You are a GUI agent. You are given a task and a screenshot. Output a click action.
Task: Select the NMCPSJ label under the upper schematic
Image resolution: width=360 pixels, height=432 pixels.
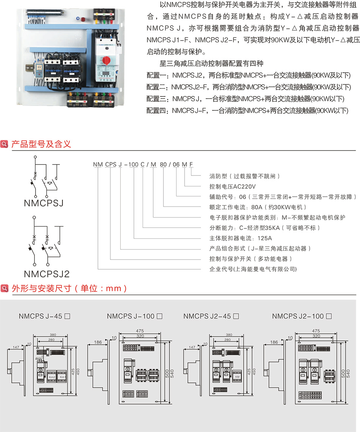click(x=43, y=204)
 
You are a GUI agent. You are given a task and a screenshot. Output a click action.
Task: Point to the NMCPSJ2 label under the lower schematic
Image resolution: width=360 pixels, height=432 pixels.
click(x=47, y=273)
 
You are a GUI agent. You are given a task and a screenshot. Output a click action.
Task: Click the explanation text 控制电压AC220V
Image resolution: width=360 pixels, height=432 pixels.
click(x=233, y=186)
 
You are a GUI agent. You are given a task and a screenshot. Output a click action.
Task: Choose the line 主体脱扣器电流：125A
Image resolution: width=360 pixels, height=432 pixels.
click(x=241, y=238)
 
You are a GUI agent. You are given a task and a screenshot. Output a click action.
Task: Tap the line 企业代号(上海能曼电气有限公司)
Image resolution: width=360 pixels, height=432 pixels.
click(x=253, y=269)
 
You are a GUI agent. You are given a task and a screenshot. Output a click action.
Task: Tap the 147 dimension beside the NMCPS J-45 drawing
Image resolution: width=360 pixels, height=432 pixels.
click(x=16, y=347)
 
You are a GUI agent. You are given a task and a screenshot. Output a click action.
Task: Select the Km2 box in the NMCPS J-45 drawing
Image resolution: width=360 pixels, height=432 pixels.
click(x=52, y=377)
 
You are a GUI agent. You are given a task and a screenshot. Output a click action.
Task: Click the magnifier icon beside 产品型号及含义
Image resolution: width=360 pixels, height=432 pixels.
click(x=5, y=144)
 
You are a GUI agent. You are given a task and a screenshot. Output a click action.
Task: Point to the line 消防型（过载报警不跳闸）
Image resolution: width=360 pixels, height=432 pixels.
click(x=245, y=176)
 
